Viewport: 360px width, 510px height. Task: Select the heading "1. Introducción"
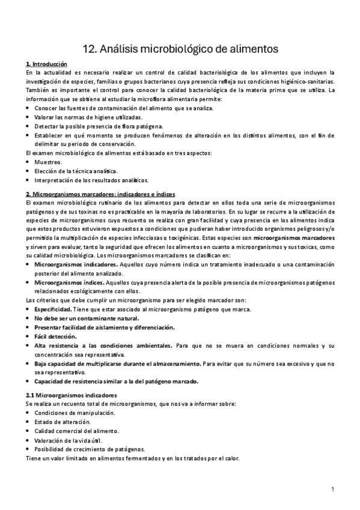click(x=47, y=64)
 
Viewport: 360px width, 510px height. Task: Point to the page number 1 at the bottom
click(x=333, y=488)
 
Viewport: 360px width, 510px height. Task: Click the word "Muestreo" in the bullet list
click(x=49, y=162)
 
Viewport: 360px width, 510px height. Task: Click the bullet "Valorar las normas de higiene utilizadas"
click(x=88, y=117)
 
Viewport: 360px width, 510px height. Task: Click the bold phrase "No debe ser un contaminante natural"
click(x=87, y=318)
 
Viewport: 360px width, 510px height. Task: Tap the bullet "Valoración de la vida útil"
click(x=68, y=440)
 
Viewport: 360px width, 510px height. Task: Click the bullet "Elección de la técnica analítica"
click(x=76, y=171)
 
